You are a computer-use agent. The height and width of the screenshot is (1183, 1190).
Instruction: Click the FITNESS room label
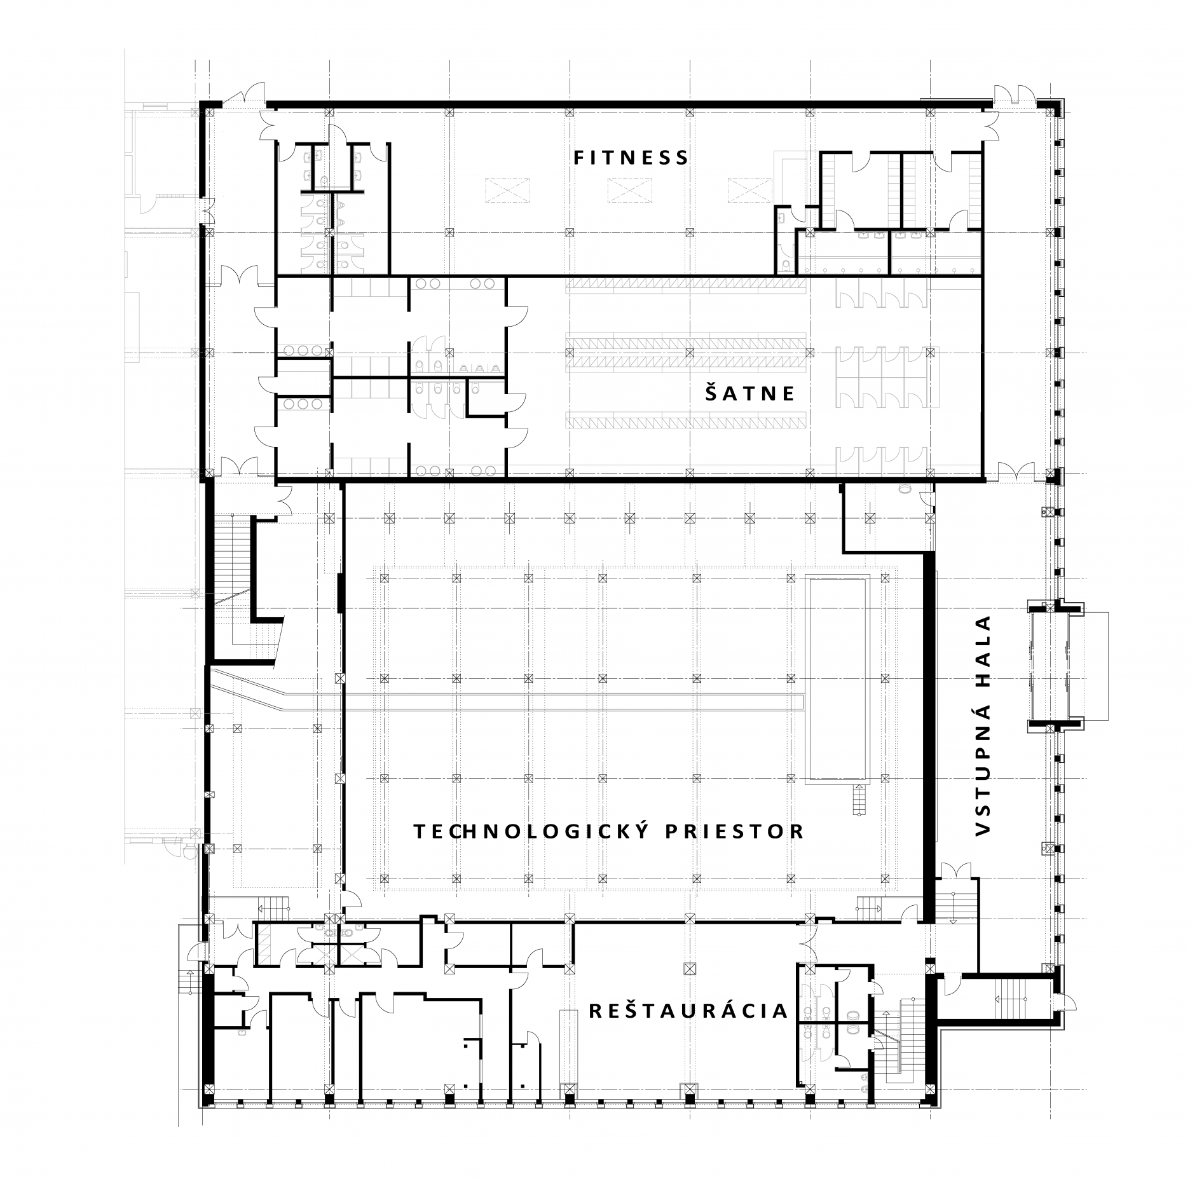point(631,157)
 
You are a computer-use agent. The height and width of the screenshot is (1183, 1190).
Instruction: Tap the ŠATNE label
point(749,393)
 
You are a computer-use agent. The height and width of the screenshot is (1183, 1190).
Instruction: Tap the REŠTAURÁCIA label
point(688,1011)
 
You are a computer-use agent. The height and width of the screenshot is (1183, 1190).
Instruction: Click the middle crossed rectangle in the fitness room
point(630,191)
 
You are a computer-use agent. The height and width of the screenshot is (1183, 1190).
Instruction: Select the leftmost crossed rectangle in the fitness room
point(509,191)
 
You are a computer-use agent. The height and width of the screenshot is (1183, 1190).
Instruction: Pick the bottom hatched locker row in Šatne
point(686,420)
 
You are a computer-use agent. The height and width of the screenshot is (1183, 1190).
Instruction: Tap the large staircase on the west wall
point(233,563)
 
